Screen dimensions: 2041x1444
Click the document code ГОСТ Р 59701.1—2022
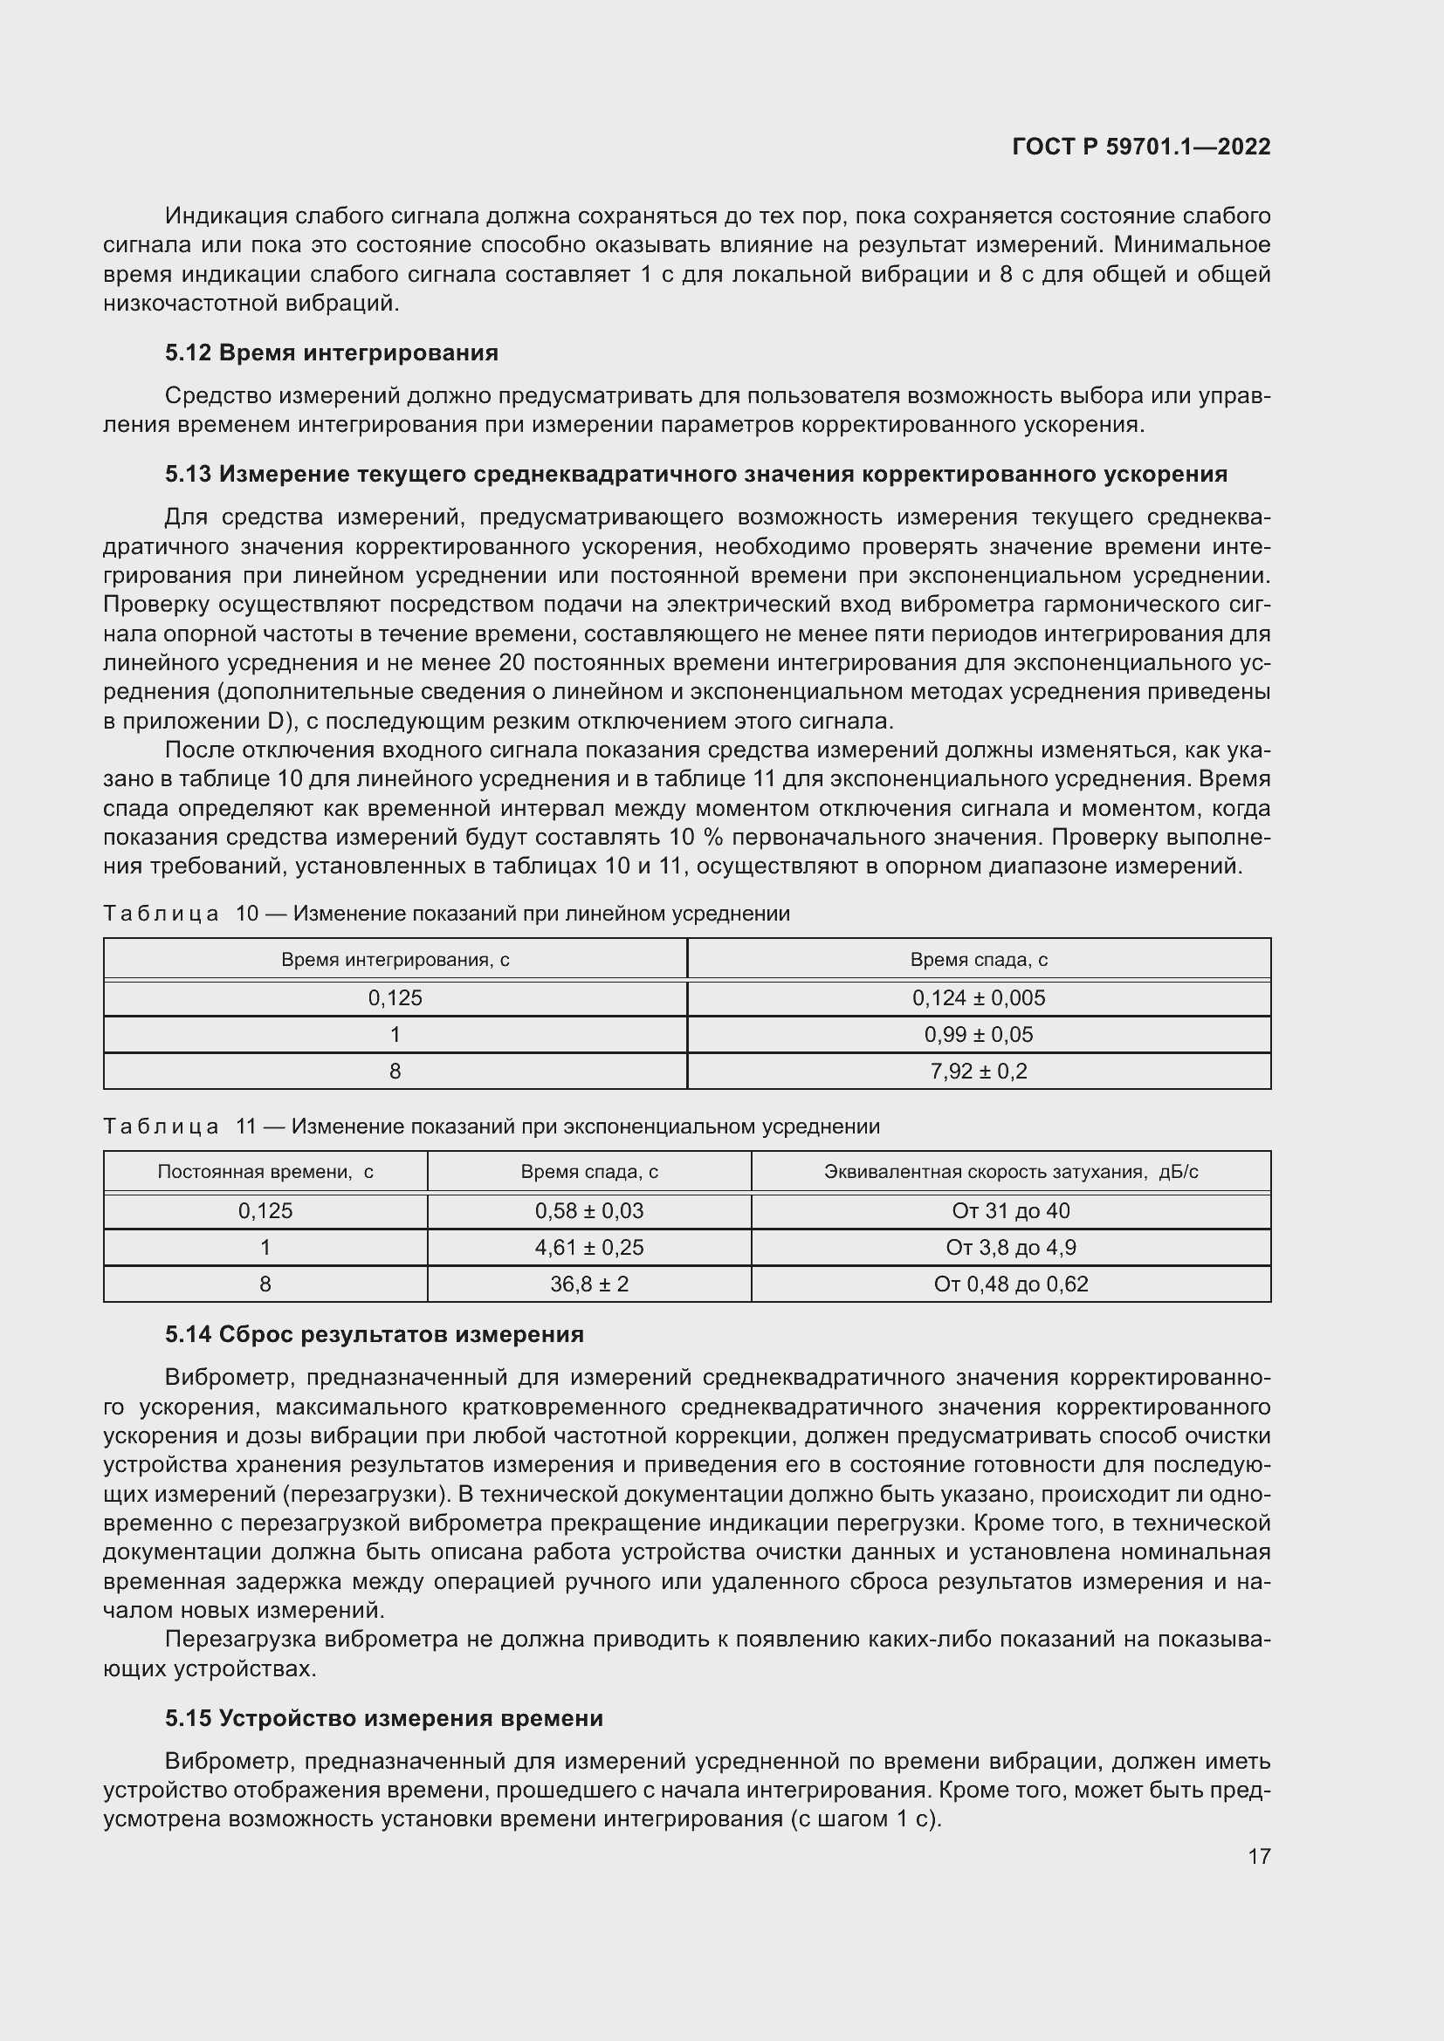pos(1141,147)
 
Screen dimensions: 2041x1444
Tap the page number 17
pos(1259,1856)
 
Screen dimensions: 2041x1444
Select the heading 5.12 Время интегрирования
pos(331,353)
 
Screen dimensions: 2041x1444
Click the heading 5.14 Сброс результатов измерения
pos(374,1334)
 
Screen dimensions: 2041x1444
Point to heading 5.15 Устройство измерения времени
pos(383,1718)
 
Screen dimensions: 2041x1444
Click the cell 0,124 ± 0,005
pos(978,997)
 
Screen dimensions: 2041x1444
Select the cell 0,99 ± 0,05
pos(978,1035)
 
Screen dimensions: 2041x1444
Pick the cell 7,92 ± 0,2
pos(978,1072)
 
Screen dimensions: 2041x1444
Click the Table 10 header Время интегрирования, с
pos(395,960)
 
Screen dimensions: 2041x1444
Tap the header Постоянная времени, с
pos(265,1172)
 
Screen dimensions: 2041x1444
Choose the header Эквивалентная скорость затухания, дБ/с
pos(1011,1172)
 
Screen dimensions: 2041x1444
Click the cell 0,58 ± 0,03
pos(588,1211)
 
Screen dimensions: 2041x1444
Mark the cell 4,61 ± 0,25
pos(588,1247)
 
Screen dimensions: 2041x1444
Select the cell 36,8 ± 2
pos(588,1284)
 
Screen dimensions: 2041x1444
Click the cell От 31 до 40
pos(1011,1211)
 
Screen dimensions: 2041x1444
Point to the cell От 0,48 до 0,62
pos(1011,1284)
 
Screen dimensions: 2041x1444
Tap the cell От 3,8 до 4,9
pos(1011,1247)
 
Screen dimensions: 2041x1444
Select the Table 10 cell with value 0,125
pos(395,997)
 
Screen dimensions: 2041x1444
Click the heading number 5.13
pos(189,474)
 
